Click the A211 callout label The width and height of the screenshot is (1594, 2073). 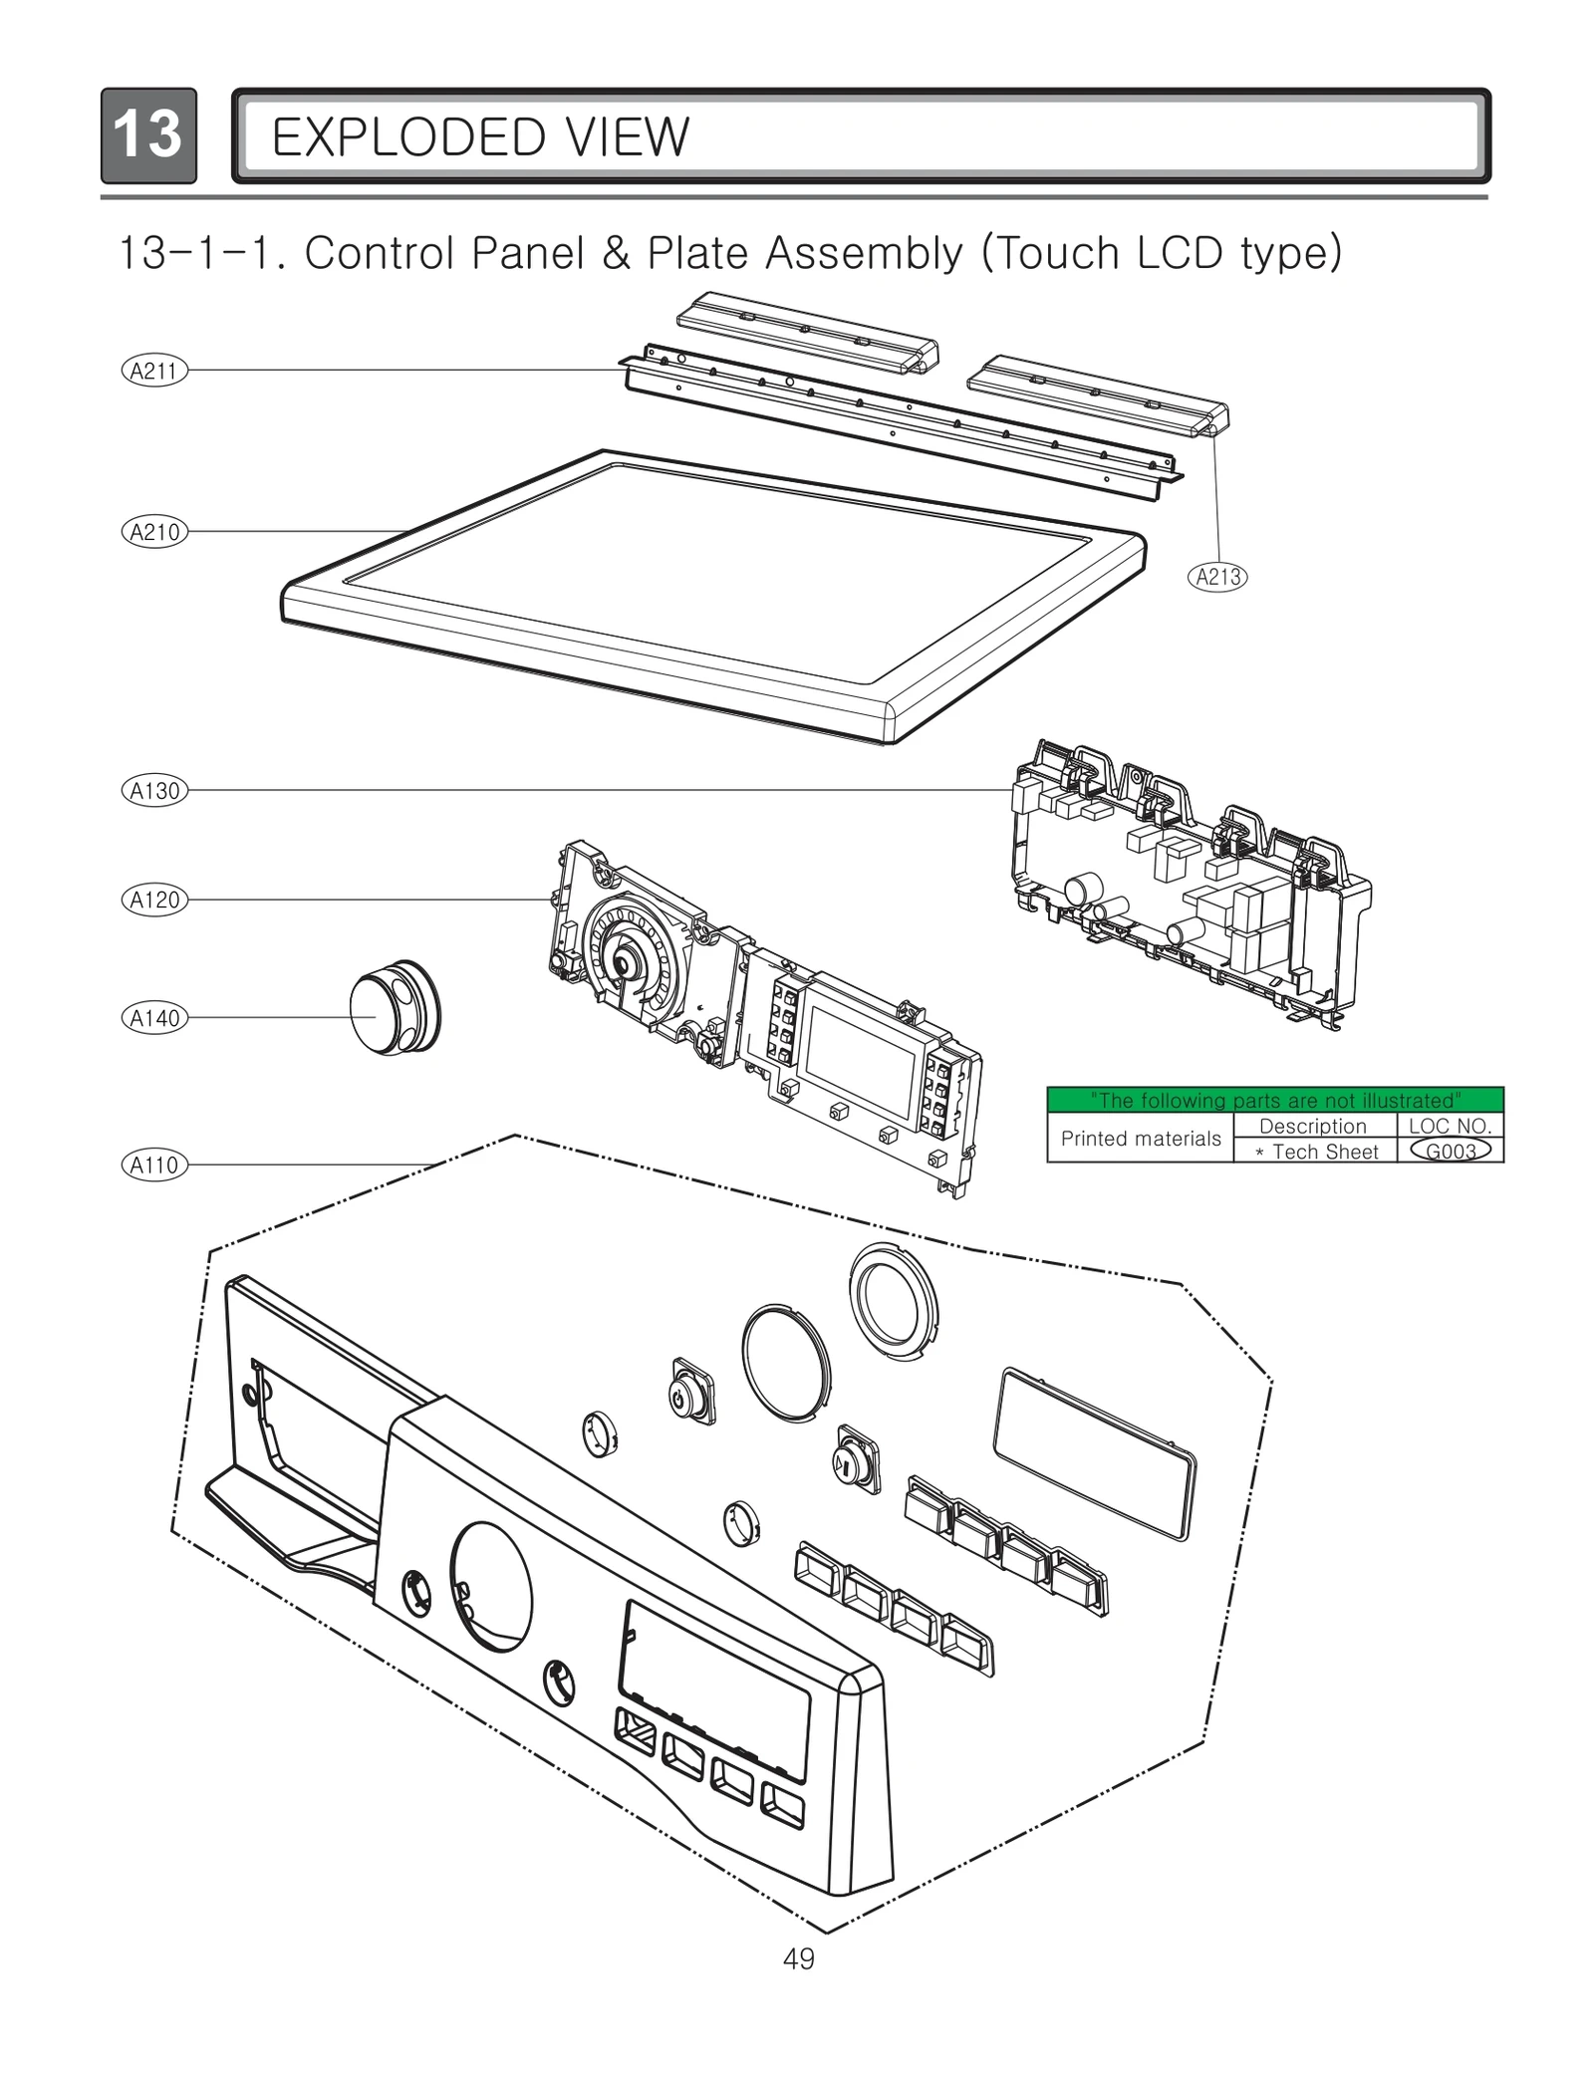point(154,372)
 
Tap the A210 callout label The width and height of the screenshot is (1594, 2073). point(154,532)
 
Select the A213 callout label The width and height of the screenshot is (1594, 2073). point(1217,577)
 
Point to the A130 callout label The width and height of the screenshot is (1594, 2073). point(154,791)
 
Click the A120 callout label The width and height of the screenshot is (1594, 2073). point(154,901)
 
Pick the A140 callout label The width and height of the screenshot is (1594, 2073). point(154,1018)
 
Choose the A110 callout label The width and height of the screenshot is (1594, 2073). point(154,1165)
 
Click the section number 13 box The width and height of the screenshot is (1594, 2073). point(148,135)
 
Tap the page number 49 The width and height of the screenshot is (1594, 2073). point(798,1959)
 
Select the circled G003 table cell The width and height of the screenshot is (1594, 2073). point(1450,1152)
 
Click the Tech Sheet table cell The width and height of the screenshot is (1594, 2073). point(1315,1152)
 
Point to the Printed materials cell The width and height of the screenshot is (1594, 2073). point(1140,1139)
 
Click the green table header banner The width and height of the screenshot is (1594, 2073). point(1274,1100)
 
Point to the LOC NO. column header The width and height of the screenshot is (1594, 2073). point(1450,1126)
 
